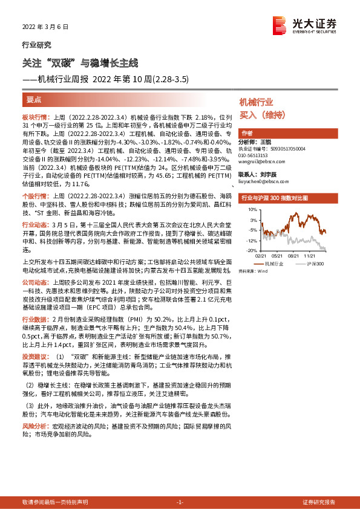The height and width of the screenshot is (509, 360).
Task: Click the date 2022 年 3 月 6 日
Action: [42, 28]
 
